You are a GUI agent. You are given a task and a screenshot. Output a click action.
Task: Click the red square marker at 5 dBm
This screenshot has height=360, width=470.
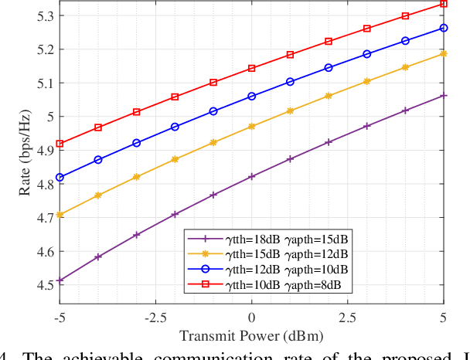tap(443, 4)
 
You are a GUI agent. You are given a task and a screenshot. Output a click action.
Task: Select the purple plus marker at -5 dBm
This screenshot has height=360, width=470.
tap(60, 280)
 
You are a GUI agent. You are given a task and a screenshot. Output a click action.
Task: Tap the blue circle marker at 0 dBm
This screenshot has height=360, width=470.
tap(251, 97)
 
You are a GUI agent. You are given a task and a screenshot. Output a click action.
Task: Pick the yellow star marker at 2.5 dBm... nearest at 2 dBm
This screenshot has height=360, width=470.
tap(329, 96)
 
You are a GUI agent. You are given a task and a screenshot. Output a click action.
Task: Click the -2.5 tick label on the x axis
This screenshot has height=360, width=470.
tap(155, 316)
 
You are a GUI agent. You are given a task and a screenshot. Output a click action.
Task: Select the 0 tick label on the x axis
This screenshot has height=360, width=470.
tap(251, 316)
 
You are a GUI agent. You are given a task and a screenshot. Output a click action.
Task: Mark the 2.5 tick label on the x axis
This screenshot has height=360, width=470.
tap(347, 316)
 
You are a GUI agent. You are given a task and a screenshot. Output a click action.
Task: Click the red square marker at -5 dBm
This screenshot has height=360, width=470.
tap(60, 144)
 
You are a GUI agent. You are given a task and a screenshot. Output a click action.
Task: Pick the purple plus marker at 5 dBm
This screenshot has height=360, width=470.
tap(443, 96)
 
